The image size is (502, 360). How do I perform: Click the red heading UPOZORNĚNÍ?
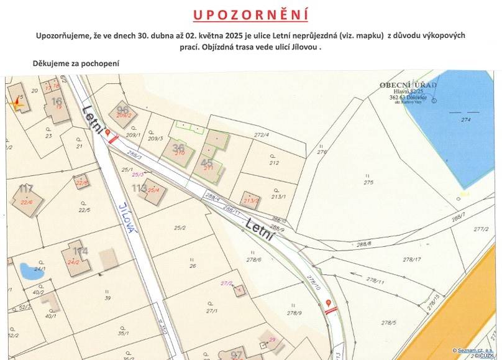click(x=250, y=14)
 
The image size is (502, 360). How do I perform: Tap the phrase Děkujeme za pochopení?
click(x=75, y=63)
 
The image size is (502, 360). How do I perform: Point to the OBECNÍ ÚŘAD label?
click(x=408, y=85)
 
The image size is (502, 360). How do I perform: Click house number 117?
click(x=26, y=188)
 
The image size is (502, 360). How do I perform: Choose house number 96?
click(x=122, y=109)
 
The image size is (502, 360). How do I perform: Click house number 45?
click(x=207, y=162)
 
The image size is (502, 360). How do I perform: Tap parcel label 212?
click(x=274, y=163)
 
